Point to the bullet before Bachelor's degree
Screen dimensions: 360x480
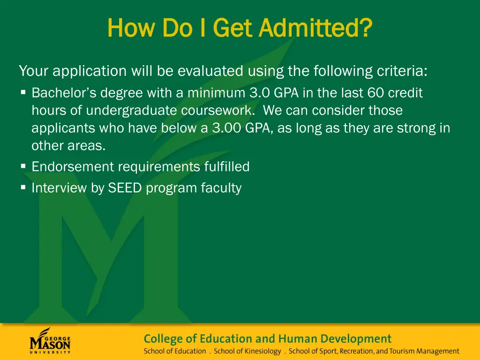23,93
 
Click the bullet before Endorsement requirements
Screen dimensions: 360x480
23,166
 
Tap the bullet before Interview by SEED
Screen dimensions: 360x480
23,187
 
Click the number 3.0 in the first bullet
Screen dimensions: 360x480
260,93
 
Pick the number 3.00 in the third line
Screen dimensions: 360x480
226,128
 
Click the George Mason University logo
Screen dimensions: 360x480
50,341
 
